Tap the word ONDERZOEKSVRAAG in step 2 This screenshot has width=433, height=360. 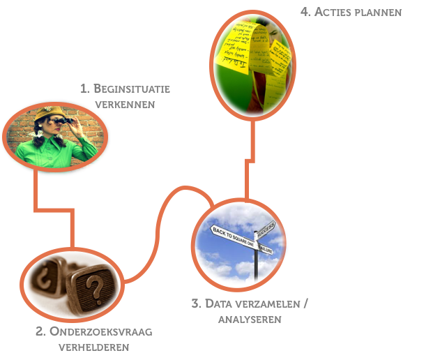click(100, 331)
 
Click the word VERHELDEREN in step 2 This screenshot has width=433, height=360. click(95, 347)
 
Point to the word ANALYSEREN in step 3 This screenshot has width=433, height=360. click(250, 319)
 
